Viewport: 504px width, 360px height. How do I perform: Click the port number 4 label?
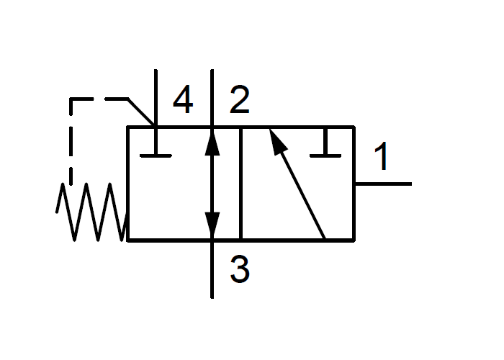coord(183,99)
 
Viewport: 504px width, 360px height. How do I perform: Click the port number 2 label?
coord(240,99)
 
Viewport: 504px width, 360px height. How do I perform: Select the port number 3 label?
coord(240,269)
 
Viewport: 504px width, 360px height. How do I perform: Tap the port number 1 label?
coord(382,156)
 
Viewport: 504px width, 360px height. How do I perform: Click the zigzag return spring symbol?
coord(92,212)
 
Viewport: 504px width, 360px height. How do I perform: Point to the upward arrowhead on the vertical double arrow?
coord(212,143)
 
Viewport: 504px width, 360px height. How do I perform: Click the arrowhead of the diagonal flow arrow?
coord(277,141)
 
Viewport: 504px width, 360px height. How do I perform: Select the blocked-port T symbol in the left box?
coord(156,143)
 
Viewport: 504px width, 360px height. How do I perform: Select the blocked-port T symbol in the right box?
coord(325,143)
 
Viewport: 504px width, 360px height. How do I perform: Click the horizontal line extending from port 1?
coord(383,184)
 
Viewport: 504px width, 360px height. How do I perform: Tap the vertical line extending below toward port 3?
coord(212,269)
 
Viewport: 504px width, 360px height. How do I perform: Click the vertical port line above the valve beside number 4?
coord(156,98)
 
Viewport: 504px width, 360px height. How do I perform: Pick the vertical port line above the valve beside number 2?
coord(212,98)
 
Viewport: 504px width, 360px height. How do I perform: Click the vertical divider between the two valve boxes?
coord(240,184)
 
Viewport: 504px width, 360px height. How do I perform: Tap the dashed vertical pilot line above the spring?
coord(71,141)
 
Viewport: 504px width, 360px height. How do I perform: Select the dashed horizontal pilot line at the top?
coord(99,99)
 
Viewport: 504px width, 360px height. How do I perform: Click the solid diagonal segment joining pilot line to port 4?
coord(141,112)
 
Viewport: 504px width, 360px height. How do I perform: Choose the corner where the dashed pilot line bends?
coord(71,99)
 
